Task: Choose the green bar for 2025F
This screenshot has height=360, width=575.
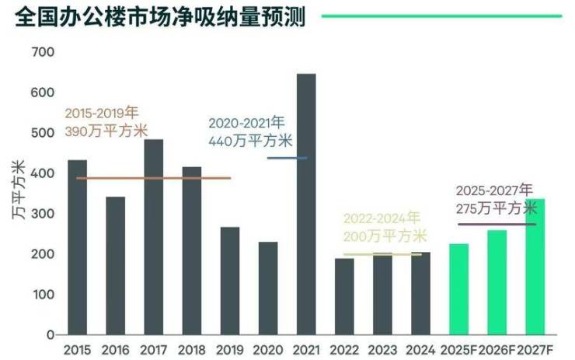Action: click(458, 288)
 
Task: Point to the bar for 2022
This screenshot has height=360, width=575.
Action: click(344, 296)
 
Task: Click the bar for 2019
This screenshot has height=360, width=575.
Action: click(229, 281)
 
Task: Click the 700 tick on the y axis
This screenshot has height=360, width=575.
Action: click(43, 52)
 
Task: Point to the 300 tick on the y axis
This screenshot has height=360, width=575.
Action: click(43, 214)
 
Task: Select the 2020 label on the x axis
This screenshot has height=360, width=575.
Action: click(267, 349)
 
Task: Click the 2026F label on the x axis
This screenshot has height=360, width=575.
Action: click(497, 349)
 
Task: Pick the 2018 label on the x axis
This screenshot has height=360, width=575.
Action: click(191, 349)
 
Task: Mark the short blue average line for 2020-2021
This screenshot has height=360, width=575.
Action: click(287, 158)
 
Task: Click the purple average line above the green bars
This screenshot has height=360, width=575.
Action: click(497, 224)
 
